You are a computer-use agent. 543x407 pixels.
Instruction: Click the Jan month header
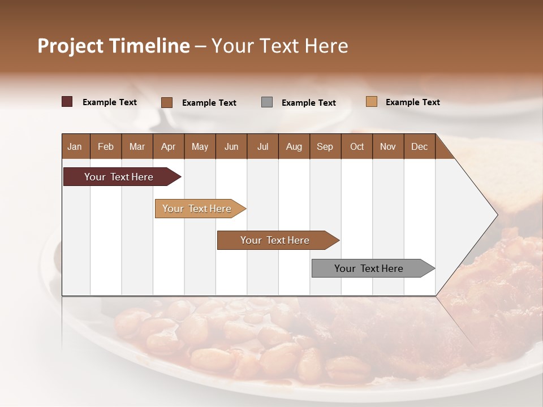(x=75, y=146)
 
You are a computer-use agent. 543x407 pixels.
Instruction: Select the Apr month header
(x=168, y=146)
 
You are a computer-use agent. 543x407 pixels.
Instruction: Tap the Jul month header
(x=262, y=146)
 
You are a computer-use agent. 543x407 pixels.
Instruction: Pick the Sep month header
(x=325, y=146)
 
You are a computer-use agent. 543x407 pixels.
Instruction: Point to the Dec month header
(x=419, y=146)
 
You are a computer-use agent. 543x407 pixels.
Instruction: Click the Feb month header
(x=106, y=146)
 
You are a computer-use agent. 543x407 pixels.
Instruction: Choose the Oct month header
(x=357, y=146)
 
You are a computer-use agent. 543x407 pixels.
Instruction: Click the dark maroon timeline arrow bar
(x=119, y=177)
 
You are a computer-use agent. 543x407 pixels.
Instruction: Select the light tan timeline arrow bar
(x=197, y=209)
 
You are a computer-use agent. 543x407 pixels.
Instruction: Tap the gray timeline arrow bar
(x=369, y=269)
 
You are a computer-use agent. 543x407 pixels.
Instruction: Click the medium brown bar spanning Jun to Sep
(x=275, y=240)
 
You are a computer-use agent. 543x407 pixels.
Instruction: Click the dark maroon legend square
(x=67, y=102)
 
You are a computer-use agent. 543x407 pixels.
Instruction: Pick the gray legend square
(x=267, y=102)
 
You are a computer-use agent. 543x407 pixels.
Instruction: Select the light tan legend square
(x=371, y=102)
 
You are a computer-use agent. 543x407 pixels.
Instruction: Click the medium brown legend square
(x=166, y=102)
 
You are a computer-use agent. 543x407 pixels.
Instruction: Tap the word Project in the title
(x=69, y=46)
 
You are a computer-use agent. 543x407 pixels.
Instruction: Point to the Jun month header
(x=231, y=146)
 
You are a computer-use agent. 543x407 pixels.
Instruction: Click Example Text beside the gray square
(x=308, y=103)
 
